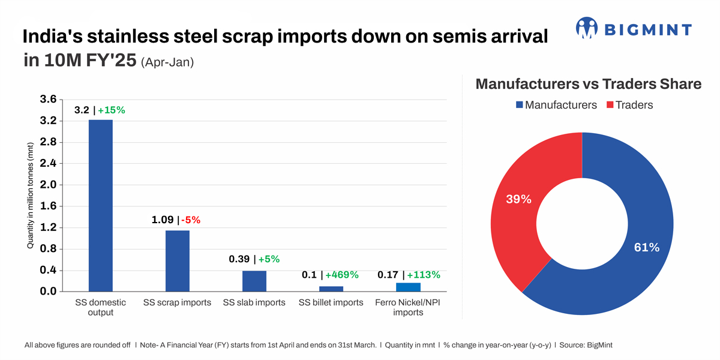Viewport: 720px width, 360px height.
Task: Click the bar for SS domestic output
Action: click(100, 206)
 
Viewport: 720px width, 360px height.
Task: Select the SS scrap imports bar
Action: click(177, 261)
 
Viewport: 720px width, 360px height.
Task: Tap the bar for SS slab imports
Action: click(254, 281)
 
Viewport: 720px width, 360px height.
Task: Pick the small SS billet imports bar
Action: click(331, 289)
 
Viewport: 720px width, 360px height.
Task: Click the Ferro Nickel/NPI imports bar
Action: click(408, 287)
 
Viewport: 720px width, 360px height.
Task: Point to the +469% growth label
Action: click(341, 275)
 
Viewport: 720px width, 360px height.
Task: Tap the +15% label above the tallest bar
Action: click(112, 110)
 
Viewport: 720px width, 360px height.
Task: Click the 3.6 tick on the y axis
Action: click(49, 100)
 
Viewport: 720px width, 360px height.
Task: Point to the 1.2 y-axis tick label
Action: click(49, 227)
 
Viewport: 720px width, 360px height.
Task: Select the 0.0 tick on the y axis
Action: click(49, 292)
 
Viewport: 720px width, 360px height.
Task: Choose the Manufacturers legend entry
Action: click(556, 105)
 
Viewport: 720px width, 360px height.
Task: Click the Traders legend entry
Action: click(629, 105)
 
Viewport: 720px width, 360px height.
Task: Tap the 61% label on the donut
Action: click(646, 247)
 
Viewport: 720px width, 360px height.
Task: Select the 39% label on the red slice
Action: click(518, 199)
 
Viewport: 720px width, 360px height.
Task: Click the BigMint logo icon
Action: click(587, 28)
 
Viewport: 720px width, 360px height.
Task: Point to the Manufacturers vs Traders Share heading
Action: click(588, 84)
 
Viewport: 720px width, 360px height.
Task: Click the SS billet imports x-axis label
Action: click(331, 302)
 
